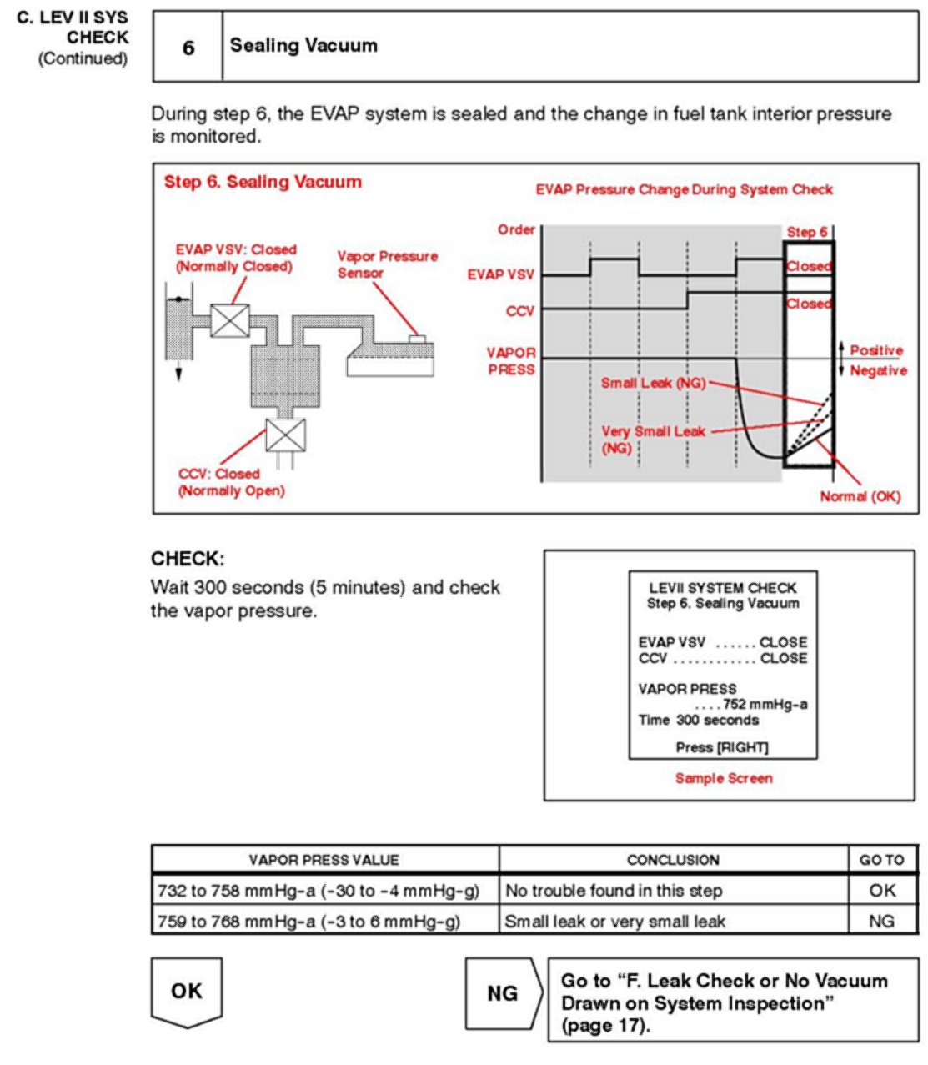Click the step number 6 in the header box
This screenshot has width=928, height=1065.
tap(188, 48)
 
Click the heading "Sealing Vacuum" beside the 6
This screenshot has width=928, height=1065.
tap(303, 46)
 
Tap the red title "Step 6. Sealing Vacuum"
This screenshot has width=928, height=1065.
tap(263, 182)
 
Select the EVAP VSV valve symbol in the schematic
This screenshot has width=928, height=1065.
tap(230, 320)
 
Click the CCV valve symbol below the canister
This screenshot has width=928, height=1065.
tap(286, 435)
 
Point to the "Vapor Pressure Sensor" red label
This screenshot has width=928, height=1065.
tap(387, 264)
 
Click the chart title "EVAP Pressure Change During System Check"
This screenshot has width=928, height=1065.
tap(684, 189)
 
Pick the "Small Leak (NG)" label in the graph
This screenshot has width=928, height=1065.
tap(653, 383)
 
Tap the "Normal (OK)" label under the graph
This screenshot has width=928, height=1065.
tap(860, 496)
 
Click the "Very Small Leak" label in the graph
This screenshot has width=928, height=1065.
tap(653, 431)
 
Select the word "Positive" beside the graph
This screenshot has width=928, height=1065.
tap(876, 350)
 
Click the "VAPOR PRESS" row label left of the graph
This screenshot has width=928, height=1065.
tap(511, 361)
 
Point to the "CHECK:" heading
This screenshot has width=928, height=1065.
tap(188, 559)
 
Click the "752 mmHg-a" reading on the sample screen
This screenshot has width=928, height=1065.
tap(765, 705)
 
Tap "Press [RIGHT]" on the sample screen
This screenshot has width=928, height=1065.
tap(722, 747)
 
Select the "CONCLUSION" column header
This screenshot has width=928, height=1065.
tap(673, 860)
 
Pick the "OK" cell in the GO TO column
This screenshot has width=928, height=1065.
tap(882, 891)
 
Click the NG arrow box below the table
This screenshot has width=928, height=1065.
tap(503, 993)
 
